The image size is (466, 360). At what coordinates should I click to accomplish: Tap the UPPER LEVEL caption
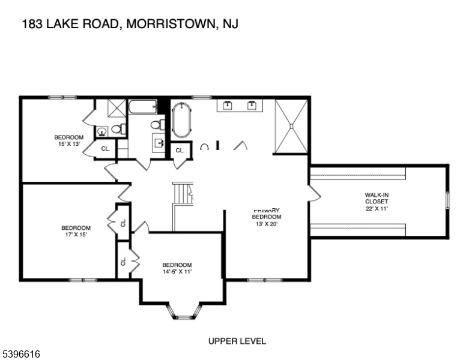coord(237,341)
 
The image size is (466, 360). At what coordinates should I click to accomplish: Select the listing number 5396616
coord(21,354)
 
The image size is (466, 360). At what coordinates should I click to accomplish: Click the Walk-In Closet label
coord(377,202)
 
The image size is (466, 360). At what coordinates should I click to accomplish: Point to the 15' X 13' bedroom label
coord(69,140)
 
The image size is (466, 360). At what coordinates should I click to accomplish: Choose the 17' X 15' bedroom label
coord(76,231)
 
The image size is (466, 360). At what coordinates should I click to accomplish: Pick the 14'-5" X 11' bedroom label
coord(177,268)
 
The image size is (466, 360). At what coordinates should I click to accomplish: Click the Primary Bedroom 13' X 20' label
coord(267,217)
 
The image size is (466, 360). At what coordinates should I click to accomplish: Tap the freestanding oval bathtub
coord(181,120)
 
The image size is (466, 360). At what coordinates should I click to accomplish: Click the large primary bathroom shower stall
coord(291,127)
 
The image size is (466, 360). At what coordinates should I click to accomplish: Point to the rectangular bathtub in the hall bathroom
coord(143,107)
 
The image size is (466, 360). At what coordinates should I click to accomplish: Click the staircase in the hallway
coord(183,194)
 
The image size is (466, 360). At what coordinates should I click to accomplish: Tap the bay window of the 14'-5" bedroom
coord(185,312)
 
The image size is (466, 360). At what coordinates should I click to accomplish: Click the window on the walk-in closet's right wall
coord(447,201)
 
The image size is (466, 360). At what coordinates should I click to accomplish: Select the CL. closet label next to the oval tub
coord(180,151)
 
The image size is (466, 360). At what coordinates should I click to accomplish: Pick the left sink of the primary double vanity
coord(228,106)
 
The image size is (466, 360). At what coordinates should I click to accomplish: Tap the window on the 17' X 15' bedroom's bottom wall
coord(83,280)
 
